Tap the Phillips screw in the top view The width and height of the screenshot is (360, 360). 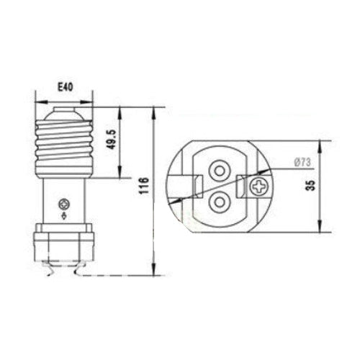click(257, 189)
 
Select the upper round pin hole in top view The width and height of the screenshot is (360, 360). click(217, 170)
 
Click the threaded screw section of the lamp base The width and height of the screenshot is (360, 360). click(65, 148)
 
